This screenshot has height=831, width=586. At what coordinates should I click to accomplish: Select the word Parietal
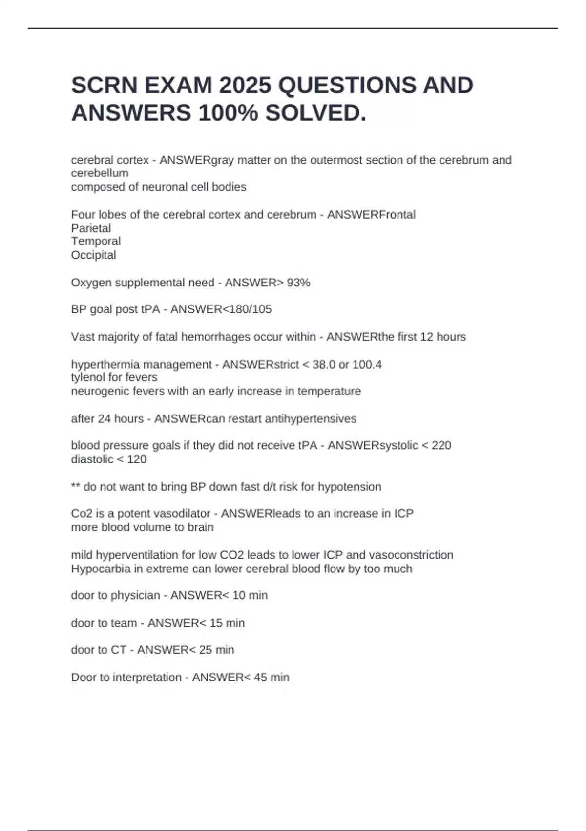click(x=91, y=228)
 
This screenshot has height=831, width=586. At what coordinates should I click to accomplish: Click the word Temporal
click(x=96, y=241)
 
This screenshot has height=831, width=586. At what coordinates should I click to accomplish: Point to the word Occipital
click(x=93, y=255)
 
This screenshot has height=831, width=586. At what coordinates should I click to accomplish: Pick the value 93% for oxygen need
click(x=298, y=283)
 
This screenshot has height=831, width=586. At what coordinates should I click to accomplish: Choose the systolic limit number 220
click(x=441, y=445)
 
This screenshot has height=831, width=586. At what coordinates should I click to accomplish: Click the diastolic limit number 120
click(x=137, y=459)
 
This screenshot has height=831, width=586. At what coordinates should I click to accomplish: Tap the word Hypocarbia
click(x=97, y=569)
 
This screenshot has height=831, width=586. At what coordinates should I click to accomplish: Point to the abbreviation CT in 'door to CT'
click(x=119, y=650)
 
